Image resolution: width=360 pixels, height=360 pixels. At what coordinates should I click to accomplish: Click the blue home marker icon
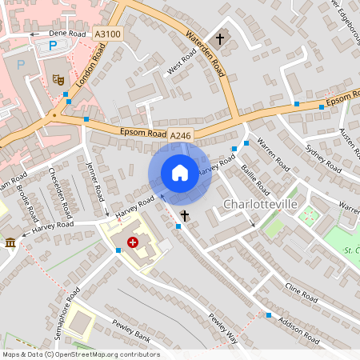(x=180, y=173)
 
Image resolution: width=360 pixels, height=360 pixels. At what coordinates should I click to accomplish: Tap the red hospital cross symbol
(x=133, y=242)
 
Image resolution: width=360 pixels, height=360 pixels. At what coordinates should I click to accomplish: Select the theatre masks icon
(x=58, y=79)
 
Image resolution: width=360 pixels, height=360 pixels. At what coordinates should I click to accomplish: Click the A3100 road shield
(x=108, y=34)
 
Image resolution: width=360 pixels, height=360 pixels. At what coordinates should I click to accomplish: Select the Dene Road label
(x=66, y=34)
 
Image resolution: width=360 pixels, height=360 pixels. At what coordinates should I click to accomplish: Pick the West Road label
(x=182, y=63)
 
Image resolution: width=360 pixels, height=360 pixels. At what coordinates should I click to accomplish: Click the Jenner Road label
(x=94, y=182)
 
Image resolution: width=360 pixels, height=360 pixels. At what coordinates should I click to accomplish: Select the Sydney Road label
(x=325, y=155)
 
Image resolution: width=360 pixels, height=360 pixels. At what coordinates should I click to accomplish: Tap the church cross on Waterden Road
(x=220, y=38)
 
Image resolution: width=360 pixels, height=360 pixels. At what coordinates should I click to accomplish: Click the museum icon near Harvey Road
(x=10, y=242)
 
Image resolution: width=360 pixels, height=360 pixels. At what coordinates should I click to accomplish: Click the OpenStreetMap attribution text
(x=81, y=354)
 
